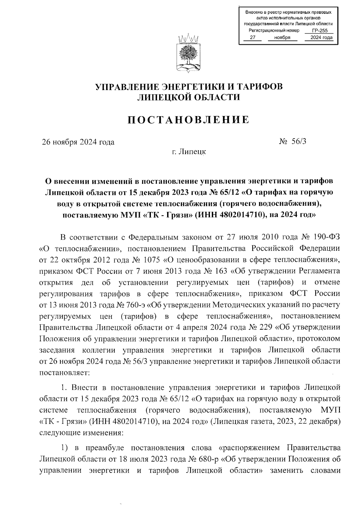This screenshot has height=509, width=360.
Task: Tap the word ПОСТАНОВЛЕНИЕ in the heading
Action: (x=188, y=120)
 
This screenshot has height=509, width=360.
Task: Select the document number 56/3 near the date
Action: (x=298, y=142)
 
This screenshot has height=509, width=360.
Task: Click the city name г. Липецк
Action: (x=189, y=152)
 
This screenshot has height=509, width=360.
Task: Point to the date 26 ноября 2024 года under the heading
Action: (x=78, y=142)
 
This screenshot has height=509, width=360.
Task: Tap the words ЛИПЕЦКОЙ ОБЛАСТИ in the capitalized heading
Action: (x=188, y=97)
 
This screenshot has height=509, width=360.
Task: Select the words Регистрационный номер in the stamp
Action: (x=274, y=31)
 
